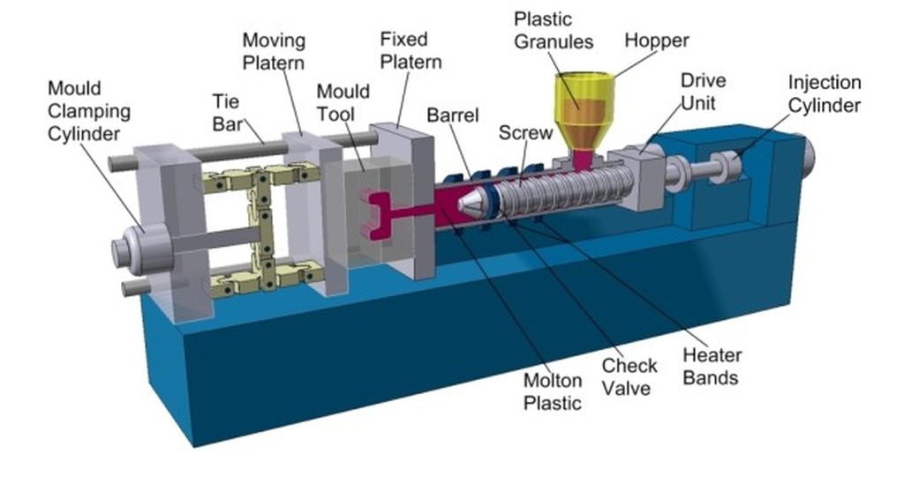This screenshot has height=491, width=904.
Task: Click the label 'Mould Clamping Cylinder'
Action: point(88,112)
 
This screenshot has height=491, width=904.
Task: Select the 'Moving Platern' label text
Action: point(274,51)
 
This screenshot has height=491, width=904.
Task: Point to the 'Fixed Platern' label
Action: point(411,50)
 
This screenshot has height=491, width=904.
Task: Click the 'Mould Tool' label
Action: point(336,103)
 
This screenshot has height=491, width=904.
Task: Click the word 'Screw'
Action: point(525,132)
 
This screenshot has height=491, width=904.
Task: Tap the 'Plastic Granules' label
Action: point(554,30)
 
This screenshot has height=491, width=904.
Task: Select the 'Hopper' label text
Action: point(656,40)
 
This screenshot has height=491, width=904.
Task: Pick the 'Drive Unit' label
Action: point(703,92)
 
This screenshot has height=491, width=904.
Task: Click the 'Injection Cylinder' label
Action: point(824,93)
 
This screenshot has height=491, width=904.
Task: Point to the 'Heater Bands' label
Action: point(712,367)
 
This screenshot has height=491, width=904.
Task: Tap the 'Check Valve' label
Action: point(629,376)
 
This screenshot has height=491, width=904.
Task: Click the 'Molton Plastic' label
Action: point(554,391)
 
